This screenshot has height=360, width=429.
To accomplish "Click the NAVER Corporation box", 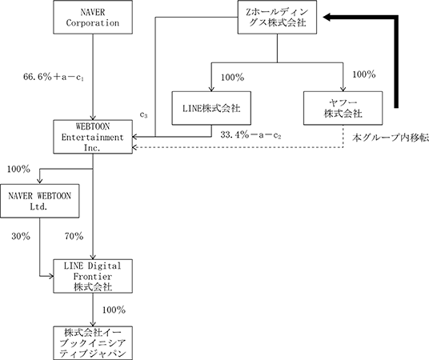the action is click(x=93, y=18).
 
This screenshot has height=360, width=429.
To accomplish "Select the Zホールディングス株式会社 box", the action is click(x=277, y=18).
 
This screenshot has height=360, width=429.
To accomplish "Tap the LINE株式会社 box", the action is click(x=211, y=108).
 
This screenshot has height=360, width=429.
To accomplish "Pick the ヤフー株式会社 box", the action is click(x=343, y=108).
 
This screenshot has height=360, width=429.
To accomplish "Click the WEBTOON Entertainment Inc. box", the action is click(x=93, y=137).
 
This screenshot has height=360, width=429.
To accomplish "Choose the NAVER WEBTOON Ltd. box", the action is click(x=40, y=201).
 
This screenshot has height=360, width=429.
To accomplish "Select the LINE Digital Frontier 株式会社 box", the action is click(x=93, y=276).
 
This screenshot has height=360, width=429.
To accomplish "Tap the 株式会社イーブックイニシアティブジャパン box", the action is click(x=93, y=343).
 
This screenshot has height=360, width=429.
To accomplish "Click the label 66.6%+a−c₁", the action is click(x=54, y=77).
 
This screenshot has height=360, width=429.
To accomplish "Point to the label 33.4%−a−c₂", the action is click(x=251, y=135).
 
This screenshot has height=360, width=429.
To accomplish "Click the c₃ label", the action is click(x=143, y=115).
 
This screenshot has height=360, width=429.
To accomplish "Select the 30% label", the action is click(x=21, y=236).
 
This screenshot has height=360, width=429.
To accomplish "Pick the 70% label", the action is click(x=74, y=236).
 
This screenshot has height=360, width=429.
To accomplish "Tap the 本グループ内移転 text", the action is click(x=391, y=138).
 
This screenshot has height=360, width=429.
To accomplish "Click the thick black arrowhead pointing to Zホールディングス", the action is click(x=327, y=18).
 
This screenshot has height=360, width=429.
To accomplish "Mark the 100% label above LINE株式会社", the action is click(x=233, y=78).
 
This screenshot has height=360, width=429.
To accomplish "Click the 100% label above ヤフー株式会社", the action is click(x=364, y=74).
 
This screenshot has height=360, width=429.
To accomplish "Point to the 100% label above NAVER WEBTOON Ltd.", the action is click(x=18, y=170).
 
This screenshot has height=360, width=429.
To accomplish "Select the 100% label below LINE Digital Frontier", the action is click(x=114, y=310).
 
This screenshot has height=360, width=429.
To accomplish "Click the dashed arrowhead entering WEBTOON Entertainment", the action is click(x=134, y=148).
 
